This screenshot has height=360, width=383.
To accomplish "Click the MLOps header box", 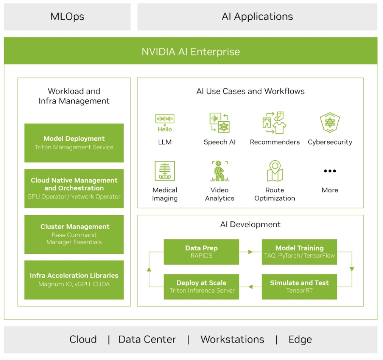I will point(67,17).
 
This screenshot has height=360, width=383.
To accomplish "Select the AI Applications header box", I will point(257,17).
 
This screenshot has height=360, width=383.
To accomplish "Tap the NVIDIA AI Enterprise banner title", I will point(191,51).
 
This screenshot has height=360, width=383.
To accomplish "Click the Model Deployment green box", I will point(74,143).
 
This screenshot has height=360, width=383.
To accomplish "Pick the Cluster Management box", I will point(74,234).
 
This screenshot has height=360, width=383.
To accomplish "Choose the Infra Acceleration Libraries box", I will point(74,280).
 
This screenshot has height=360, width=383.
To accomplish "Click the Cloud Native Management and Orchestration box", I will point(74,188).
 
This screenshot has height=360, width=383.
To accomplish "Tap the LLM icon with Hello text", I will point(165,123).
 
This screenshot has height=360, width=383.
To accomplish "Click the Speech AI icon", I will point(220,122).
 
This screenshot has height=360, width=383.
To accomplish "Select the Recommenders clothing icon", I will point(274,122).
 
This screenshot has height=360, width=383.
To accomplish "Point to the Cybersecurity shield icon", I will point(330,122).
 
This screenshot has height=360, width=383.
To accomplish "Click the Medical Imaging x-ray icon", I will point(165,171).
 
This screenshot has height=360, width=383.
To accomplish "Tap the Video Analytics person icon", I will point(220,171).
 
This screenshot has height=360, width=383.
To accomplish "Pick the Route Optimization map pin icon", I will point(275,171).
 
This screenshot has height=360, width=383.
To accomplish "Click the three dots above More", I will point(330,171).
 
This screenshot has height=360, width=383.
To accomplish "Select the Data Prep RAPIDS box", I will point(201,252).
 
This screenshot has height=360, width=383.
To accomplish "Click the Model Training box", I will point(299,252).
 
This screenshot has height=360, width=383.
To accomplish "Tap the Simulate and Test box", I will point(299,287).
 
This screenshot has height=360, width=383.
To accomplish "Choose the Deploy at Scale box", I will point(201,287).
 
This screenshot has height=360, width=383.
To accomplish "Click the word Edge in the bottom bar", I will point(300,340).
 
